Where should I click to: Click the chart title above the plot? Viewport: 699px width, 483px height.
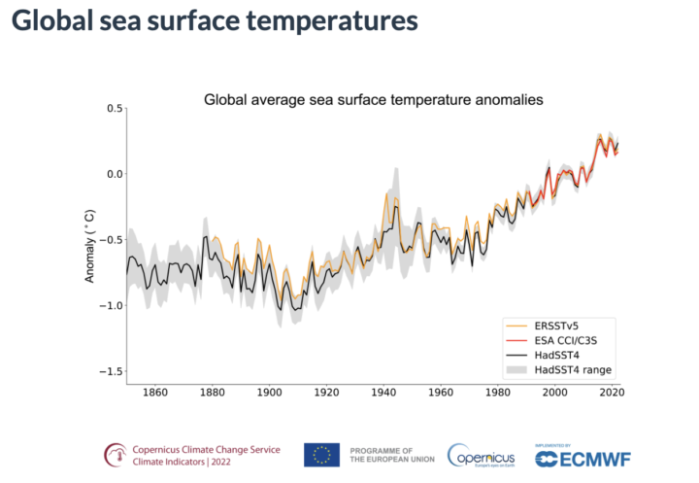373,100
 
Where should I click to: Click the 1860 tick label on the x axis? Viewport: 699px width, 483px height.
154,394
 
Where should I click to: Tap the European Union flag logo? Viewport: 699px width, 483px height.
321,455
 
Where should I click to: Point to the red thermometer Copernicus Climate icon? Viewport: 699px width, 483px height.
117,455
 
